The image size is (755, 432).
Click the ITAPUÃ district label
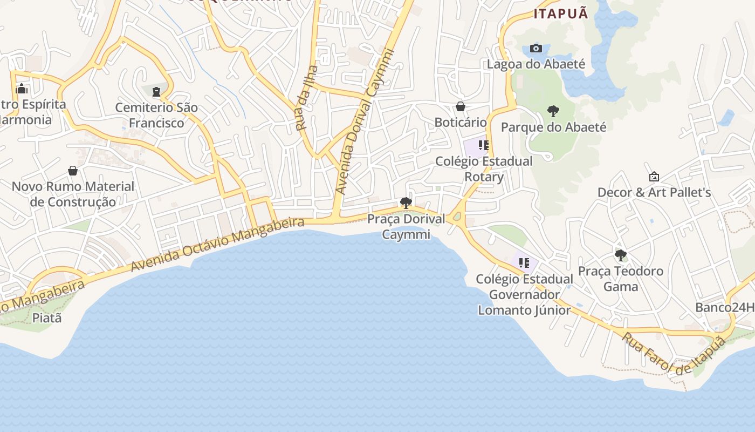point(560,14)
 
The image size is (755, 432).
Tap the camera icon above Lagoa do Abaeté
point(536,49)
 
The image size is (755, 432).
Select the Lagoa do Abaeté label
point(536,64)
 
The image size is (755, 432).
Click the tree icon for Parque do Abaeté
point(553,112)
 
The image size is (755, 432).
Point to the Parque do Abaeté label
point(553,127)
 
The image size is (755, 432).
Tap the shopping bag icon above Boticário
point(461,106)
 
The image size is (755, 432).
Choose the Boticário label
point(461,123)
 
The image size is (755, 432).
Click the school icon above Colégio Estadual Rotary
point(483,145)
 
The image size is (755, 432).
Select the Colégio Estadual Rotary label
point(484,168)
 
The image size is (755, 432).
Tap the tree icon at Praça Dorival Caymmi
point(406,203)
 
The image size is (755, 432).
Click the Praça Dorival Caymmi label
point(406,226)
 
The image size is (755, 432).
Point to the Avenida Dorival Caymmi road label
point(365,122)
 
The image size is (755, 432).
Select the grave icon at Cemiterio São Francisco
point(156,92)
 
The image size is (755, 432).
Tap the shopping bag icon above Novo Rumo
point(73,171)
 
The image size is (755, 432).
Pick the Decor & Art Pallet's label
point(654,193)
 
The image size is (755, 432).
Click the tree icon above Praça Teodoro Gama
point(620,255)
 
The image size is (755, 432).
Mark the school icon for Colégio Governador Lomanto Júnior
point(524,263)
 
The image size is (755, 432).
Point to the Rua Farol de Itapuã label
point(674,353)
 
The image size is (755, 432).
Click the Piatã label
point(47,318)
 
